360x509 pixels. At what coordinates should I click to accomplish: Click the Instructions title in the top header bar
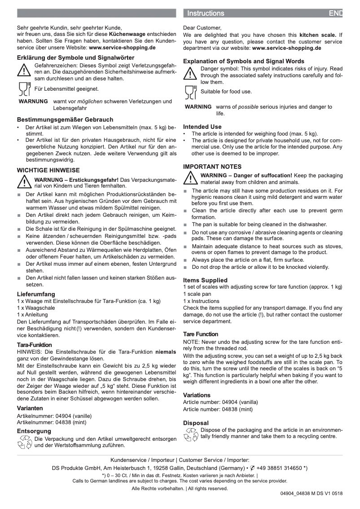(x=206, y=13)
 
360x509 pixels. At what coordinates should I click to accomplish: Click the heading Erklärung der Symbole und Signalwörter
(x=75, y=57)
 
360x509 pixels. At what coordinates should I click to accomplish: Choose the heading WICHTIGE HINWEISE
(x=48, y=171)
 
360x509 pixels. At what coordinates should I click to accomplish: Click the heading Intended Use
(x=202, y=127)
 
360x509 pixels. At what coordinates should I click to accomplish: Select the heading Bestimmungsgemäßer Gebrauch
(x=65, y=120)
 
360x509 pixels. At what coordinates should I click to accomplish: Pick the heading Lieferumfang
(x=36, y=294)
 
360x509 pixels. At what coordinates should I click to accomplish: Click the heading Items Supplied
(x=205, y=280)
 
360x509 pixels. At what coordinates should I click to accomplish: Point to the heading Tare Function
(x=201, y=334)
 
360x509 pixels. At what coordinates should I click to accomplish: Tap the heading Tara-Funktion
(x=34, y=345)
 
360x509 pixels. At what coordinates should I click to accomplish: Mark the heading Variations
(x=197, y=395)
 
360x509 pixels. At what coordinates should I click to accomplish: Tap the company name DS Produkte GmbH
(x=75, y=468)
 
